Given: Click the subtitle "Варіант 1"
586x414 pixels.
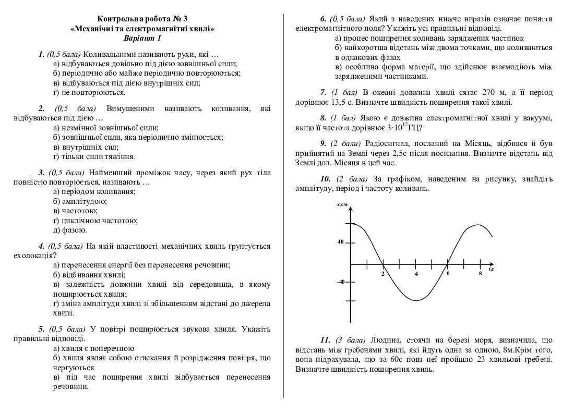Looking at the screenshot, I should [x=142, y=38].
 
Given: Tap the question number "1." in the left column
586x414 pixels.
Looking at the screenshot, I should [x=41, y=54].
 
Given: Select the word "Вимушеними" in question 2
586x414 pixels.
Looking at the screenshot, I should [x=130, y=108].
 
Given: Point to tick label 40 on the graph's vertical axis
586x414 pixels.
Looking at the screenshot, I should [x=340, y=242].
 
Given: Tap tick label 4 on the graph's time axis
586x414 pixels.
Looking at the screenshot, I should [x=416, y=274].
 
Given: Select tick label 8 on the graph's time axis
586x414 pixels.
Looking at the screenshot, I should [x=480, y=274].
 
